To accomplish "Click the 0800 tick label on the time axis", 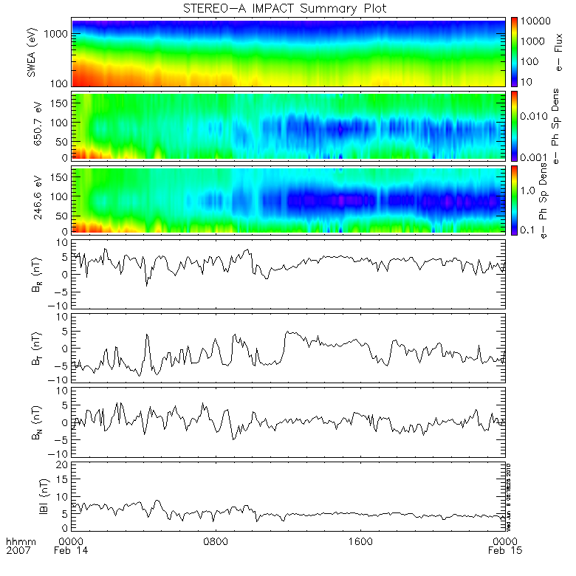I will pos(216,541).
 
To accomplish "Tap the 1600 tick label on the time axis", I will pos(362,541).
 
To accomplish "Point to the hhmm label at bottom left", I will pos(19,541).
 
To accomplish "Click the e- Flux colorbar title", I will pos(559,52).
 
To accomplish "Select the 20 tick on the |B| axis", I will pos(64,464).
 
